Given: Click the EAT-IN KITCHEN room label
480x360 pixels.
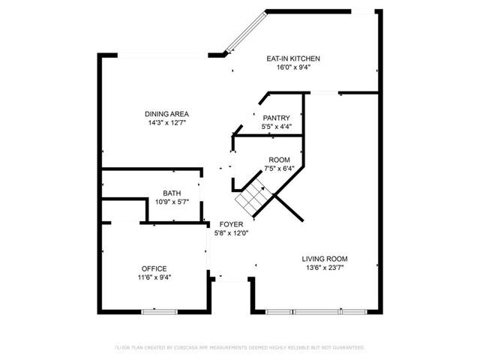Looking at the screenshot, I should click(x=295, y=58).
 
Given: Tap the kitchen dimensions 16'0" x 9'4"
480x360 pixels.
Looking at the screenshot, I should click(x=295, y=67).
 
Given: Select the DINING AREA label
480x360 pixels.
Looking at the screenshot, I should click(x=166, y=114).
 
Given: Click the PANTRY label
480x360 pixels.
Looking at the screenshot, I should click(x=276, y=118).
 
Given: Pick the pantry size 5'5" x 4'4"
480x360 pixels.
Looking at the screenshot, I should click(x=276, y=127).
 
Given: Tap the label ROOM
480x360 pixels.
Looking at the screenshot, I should click(x=279, y=159).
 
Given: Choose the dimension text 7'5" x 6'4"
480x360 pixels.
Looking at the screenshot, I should click(x=279, y=168).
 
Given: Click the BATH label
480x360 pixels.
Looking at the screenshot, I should click(x=172, y=193).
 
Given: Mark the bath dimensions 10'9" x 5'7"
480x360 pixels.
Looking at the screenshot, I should click(x=172, y=202).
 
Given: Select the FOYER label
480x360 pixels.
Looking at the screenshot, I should click(x=229, y=223).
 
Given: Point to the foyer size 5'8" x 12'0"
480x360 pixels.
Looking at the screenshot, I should click(x=229, y=232).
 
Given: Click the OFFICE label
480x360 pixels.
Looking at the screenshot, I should click(x=154, y=268).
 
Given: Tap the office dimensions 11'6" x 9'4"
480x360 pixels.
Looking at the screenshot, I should click(x=154, y=277).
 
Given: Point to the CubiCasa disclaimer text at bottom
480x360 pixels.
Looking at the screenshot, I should click(x=239, y=347).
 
